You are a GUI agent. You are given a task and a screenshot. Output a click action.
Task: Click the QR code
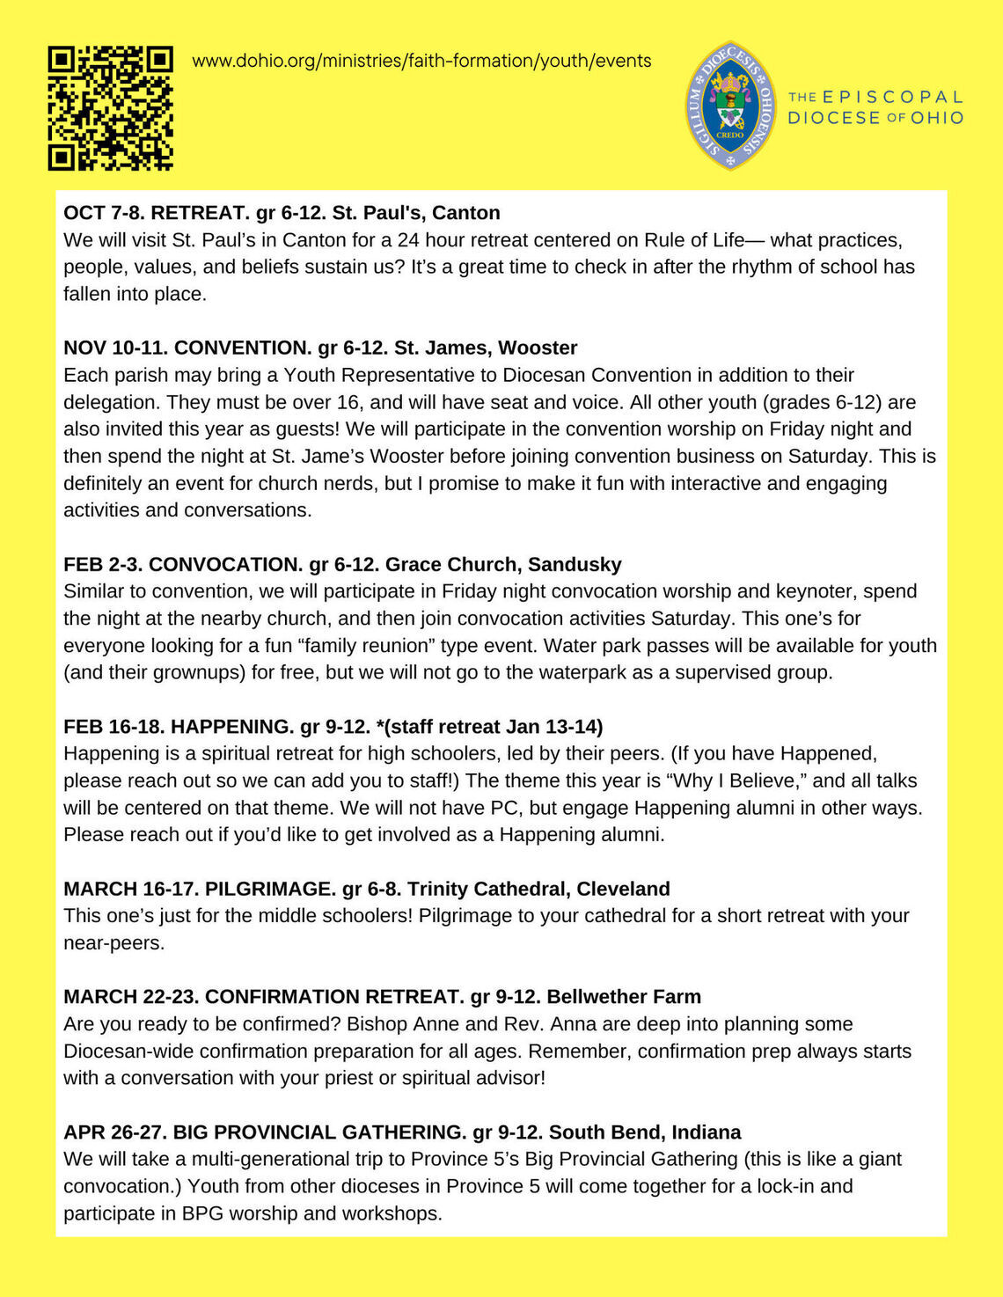pyautogui.click(x=110, y=107)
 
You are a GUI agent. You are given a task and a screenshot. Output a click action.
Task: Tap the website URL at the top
pyautogui.click(x=421, y=61)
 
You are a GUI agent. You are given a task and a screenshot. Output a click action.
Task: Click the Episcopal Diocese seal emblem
pyautogui.click(x=730, y=106)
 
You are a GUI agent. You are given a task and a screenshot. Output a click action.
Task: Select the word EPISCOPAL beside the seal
pyautogui.click(x=892, y=97)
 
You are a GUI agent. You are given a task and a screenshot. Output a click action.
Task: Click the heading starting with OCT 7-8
pyautogui.click(x=282, y=213)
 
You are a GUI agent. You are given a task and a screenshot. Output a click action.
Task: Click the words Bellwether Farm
pyautogui.click(x=624, y=996)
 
